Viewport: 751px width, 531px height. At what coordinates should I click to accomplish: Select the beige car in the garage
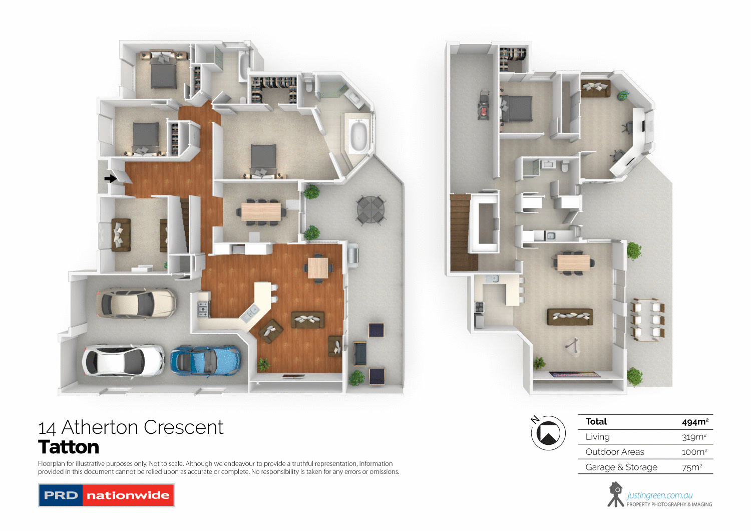(x=136, y=303)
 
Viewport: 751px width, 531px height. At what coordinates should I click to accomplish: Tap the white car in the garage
(x=123, y=361)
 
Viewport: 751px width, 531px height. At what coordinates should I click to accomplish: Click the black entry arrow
(x=110, y=178)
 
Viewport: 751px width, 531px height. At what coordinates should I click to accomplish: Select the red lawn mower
(x=484, y=104)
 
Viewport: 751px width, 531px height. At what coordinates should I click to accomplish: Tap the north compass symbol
(x=548, y=433)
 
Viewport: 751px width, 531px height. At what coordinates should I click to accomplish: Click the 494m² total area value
(x=695, y=422)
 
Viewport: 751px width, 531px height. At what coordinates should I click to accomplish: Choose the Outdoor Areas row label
(x=615, y=452)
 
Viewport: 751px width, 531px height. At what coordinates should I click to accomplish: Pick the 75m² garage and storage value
(x=692, y=467)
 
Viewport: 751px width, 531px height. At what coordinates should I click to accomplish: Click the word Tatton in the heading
(x=69, y=447)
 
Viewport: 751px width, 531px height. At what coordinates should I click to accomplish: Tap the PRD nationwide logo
(x=106, y=495)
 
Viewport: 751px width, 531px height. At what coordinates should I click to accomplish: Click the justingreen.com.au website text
(x=660, y=495)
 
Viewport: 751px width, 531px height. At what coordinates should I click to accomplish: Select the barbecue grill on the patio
(x=353, y=254)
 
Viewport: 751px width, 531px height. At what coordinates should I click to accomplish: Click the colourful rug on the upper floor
(x=574, y=374)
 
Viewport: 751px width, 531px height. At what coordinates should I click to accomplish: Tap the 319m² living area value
(x=694, y=437)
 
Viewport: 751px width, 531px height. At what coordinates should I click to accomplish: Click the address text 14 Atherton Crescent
(x=131, y=427)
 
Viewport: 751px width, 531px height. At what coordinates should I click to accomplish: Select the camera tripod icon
(x=615, y=494)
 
